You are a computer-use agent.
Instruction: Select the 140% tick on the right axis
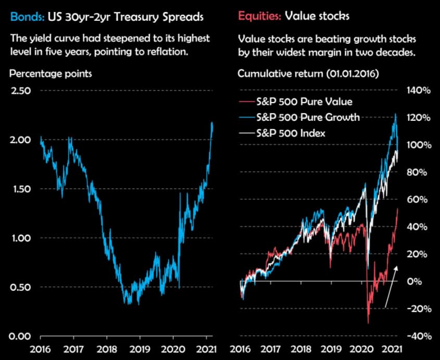[x=419, y=91]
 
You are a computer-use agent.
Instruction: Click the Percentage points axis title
[x=51, y=73]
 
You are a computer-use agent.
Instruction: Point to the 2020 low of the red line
[x=368, y=323]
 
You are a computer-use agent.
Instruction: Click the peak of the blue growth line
[x=396, y=114]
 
